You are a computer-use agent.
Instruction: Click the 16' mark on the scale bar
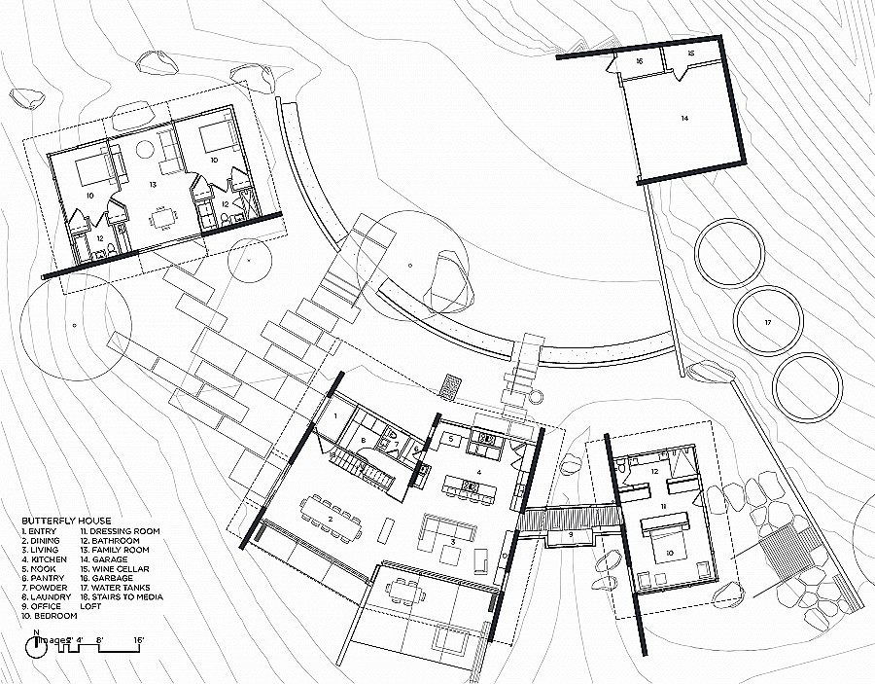pos(139,641)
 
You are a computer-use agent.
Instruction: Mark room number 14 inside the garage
pos(683,118)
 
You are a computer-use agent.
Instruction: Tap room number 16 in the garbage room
pos(639,60)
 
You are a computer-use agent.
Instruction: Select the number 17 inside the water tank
pos(767,322)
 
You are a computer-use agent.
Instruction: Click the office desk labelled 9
pos(571,534)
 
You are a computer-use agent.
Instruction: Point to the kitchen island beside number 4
pos(476,484)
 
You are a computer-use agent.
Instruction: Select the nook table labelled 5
pos(453,440)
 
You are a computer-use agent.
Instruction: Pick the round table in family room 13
pos(147,151)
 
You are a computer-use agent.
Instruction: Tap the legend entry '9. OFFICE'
pos(42,605)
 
